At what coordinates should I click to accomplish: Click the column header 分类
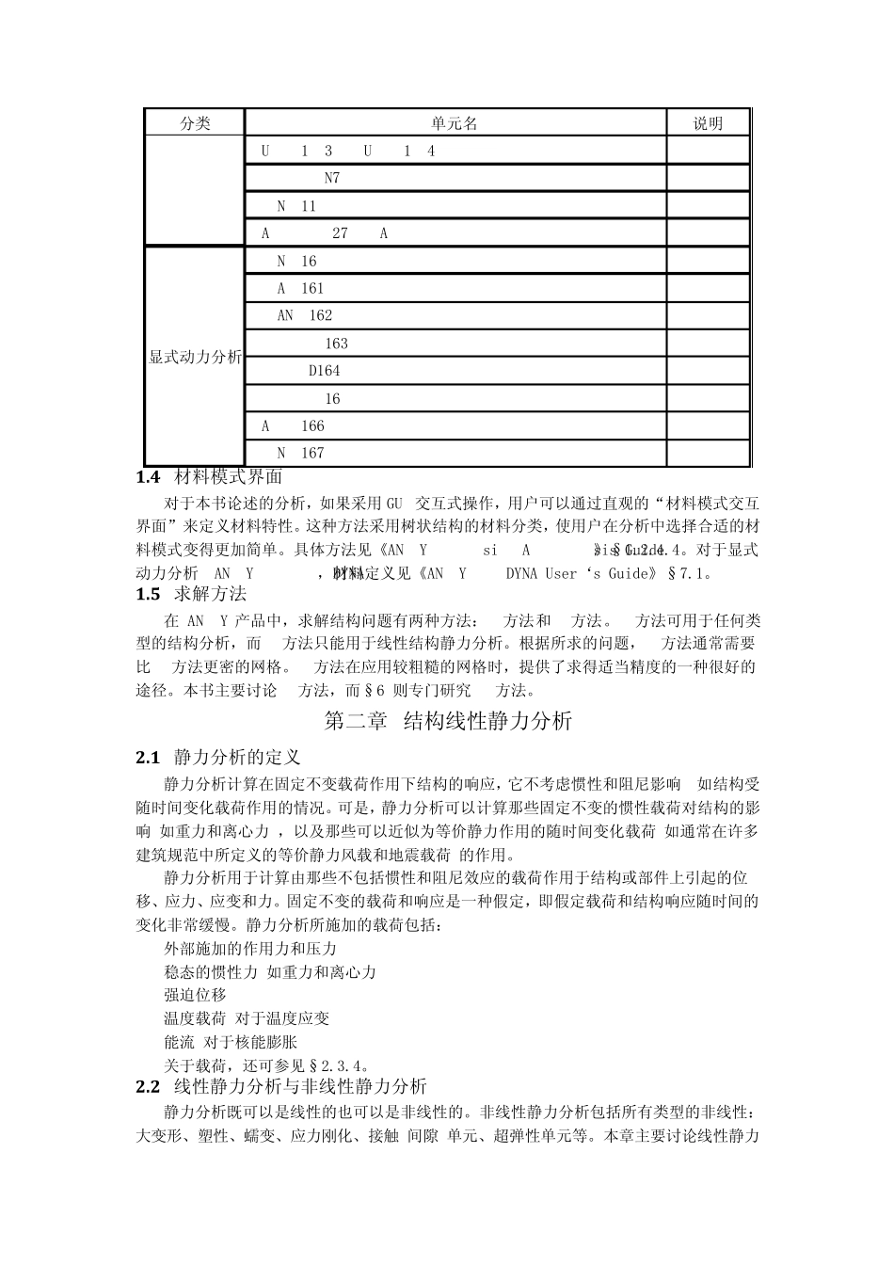pyautogui.click(x=195, y=123)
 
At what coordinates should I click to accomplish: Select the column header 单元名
pyautogui.click(x=455, y=123)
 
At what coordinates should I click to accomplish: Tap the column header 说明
pyautogui.click(x=708, y=123)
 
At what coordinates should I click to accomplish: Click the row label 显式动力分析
pyautogui.click(x=195, y=358)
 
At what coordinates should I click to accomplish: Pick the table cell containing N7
pyautogui.click(x=332, y=178)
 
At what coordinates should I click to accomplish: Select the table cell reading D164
pyautogui.click(x=325, y=371)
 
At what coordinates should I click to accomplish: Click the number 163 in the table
pyautogui.click(x=336, y=344)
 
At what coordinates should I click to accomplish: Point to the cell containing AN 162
pyautogui.click(x=305, y=316)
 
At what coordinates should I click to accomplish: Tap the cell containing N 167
pyautogui.click(x=300, y=454)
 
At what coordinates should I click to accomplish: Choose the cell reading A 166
pyautogui.click(x=293, y=426)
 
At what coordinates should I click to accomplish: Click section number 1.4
pyautogui.click(x=148, y=477)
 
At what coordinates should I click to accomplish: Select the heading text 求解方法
pyautogui.click(x=210, y=594)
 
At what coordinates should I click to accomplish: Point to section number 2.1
pyautogui.click(x=148, y=757)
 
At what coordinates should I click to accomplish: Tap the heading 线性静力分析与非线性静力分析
pyautogui.click(x=300, y=1086)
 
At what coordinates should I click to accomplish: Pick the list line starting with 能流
pyautogui.click(x=231, y=1042)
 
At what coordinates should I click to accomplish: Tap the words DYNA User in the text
pyautogui.click(x=540, y=573)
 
